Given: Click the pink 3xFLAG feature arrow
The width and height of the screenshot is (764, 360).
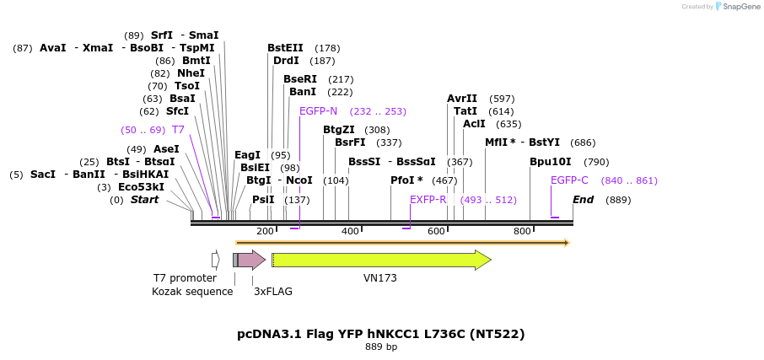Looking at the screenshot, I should pos(251,260).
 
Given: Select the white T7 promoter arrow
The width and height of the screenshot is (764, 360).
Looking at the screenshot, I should pos(215,260).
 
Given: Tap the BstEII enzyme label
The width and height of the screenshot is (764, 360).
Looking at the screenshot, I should pos(285,48).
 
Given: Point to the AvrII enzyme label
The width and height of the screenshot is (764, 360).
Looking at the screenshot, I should pos(462,99).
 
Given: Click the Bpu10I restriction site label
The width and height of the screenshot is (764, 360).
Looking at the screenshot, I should pos(550,162).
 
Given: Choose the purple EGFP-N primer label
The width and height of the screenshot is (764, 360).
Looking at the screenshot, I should pos(318,111).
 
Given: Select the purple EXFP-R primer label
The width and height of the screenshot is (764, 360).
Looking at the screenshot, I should pos(428,200).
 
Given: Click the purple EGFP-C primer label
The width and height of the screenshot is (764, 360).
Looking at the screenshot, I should pos(569,180).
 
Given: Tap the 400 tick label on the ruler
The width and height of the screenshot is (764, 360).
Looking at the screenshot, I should pos(350,231).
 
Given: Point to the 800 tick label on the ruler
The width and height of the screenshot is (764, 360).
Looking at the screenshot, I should pos(522,231).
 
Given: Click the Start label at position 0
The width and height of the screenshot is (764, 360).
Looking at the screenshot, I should pos(144,200).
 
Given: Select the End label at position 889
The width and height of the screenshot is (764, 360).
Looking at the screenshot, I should pos(583,200).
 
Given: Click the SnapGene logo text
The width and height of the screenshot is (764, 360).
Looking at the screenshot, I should pos(740,7).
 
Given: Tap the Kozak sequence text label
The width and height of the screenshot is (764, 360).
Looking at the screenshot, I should pos(192,292).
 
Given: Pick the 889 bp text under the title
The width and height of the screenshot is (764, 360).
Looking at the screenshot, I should pos(381,347).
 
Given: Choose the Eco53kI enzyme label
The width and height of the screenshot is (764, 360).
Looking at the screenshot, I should pos(141,187).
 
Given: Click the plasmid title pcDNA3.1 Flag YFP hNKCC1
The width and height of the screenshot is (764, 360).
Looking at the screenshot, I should pos(381,334).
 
